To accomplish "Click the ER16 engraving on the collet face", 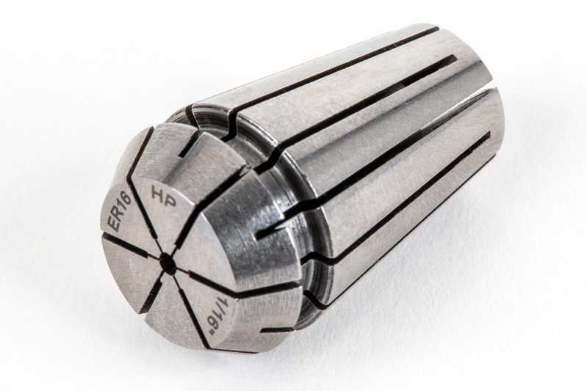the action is click(119, 211).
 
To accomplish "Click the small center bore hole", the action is click(168, 263).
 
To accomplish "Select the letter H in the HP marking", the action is click(157, 192).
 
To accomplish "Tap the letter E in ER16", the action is click(112, 225).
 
